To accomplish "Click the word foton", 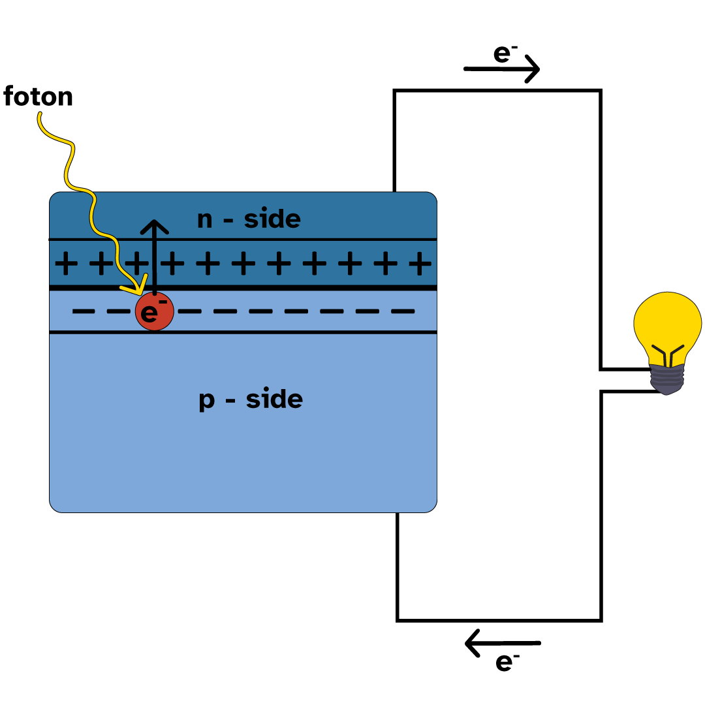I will (x=38, y=97).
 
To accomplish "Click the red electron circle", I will (x=155, y=313).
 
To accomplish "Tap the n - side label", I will (x=249, y=219).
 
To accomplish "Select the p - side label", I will (x=251, y=399).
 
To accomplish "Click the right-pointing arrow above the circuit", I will (x=501, y=69).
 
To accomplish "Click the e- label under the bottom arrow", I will (x=507, y=662).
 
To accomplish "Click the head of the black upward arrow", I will (x=155, y=226).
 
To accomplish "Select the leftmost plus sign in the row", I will (x=65, y=265).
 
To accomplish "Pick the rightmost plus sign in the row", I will (x=419, y=265).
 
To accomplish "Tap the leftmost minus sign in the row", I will (x=83, y=311).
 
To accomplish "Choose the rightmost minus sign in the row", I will (x=402, y=311).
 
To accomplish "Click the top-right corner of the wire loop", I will (x=600, y=91).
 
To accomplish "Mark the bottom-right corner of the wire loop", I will (x=601, y=619).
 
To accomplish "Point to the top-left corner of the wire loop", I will (x=395, y=91).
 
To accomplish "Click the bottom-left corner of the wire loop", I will (x=398, y=619).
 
